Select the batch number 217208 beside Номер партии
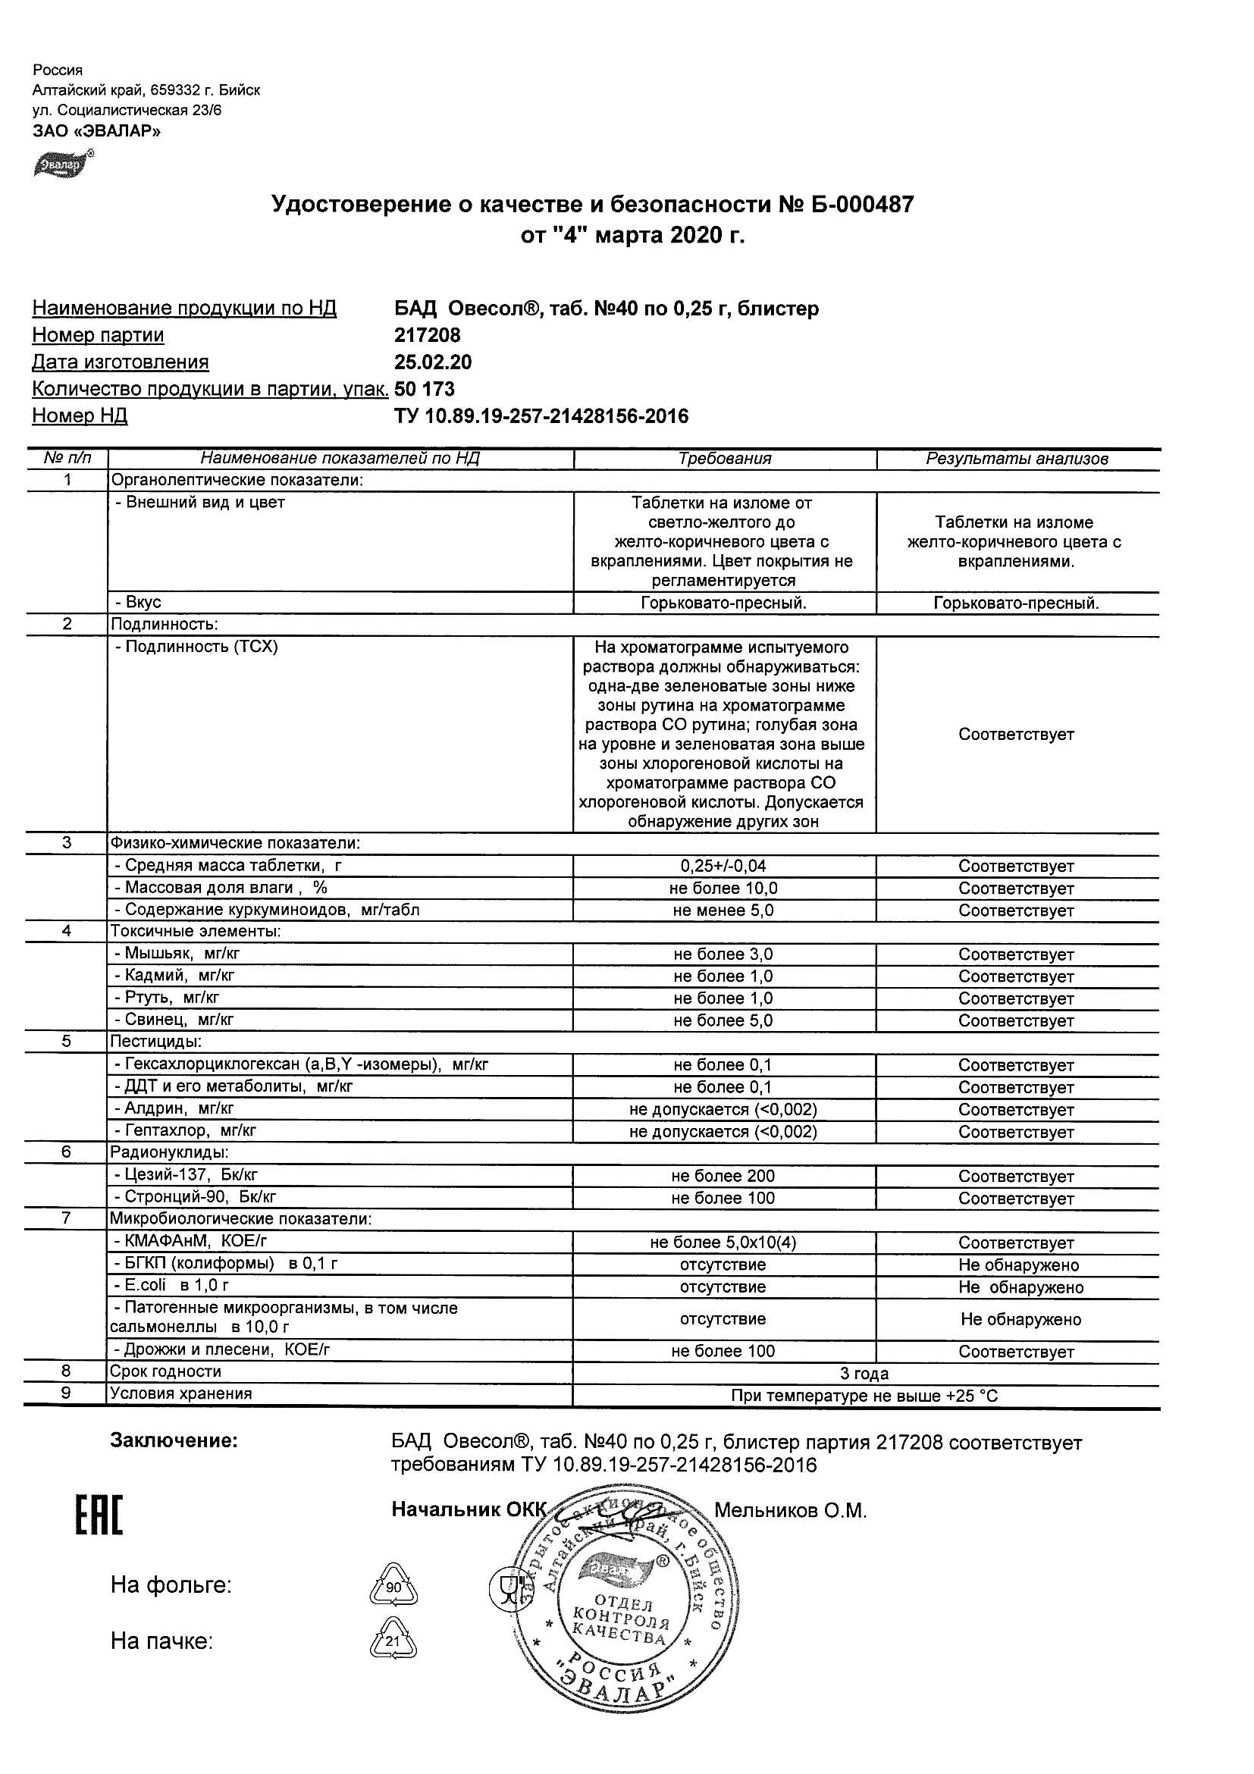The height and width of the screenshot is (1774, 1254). (x=428, y=335)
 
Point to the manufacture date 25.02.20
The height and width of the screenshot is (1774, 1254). (x=433, y=362)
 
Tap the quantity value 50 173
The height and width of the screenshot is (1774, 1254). (x=424, y=390)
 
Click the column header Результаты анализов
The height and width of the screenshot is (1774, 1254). (x=1017, y=459)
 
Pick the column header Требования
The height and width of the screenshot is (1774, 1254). (x=724, y=459)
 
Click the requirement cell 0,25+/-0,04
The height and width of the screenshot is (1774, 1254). (x=723, y=866)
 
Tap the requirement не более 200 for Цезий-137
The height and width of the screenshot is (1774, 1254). (x=723, y=1176)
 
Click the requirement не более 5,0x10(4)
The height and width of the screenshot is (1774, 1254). (x=723, y=1243)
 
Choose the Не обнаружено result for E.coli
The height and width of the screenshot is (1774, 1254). (x=1020, y=1287)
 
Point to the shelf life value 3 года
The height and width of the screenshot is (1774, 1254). (x=864, y=1374)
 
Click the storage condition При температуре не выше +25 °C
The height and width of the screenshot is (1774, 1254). (x=864, y=1396)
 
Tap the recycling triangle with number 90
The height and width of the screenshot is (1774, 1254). (x=393, y=1587)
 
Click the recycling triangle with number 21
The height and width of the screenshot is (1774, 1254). (x=393, y=1641)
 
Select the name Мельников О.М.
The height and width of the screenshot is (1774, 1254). (x=790, y=1510)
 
